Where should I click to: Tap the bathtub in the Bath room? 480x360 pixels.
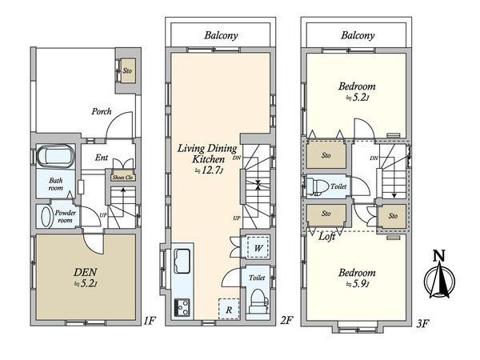point(56,156)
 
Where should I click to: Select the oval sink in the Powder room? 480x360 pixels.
point(46,217)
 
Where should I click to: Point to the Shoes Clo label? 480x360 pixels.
point(122,178)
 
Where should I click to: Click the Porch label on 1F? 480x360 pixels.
point(102,111)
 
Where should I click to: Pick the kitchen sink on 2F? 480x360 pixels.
point(182,261)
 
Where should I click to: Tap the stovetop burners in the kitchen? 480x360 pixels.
point(182,307)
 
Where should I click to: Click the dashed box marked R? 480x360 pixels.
point(229,309)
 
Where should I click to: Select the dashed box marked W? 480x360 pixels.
point(258,247)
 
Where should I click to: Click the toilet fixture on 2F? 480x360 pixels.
point(258,302)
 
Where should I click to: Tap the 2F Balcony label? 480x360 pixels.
point(221,35)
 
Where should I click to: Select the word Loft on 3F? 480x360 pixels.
point(326,236)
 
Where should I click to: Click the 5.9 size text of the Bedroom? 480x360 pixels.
point(358,284)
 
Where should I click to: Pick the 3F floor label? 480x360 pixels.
point(422,323)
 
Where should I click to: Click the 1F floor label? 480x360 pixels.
point(150,321)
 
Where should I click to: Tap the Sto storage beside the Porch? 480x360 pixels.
point(127,70)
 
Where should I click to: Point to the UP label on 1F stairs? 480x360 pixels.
point(103,215)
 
